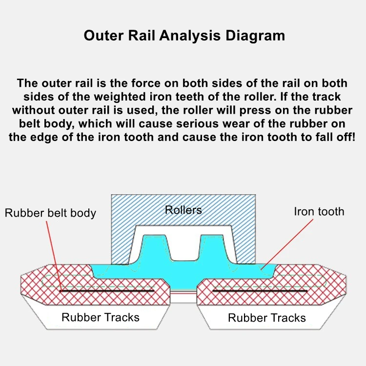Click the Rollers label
click(x=183, y=210)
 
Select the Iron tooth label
click(x=319, y=212)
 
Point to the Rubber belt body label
click(x=50, y=213)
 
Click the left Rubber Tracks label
click(x=100, y=318)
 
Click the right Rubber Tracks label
click(x=266, y=318)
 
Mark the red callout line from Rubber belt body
click(x=54, y=254)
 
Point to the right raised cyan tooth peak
click(x=211, y=244)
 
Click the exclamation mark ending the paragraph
click(x=353, y=137)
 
